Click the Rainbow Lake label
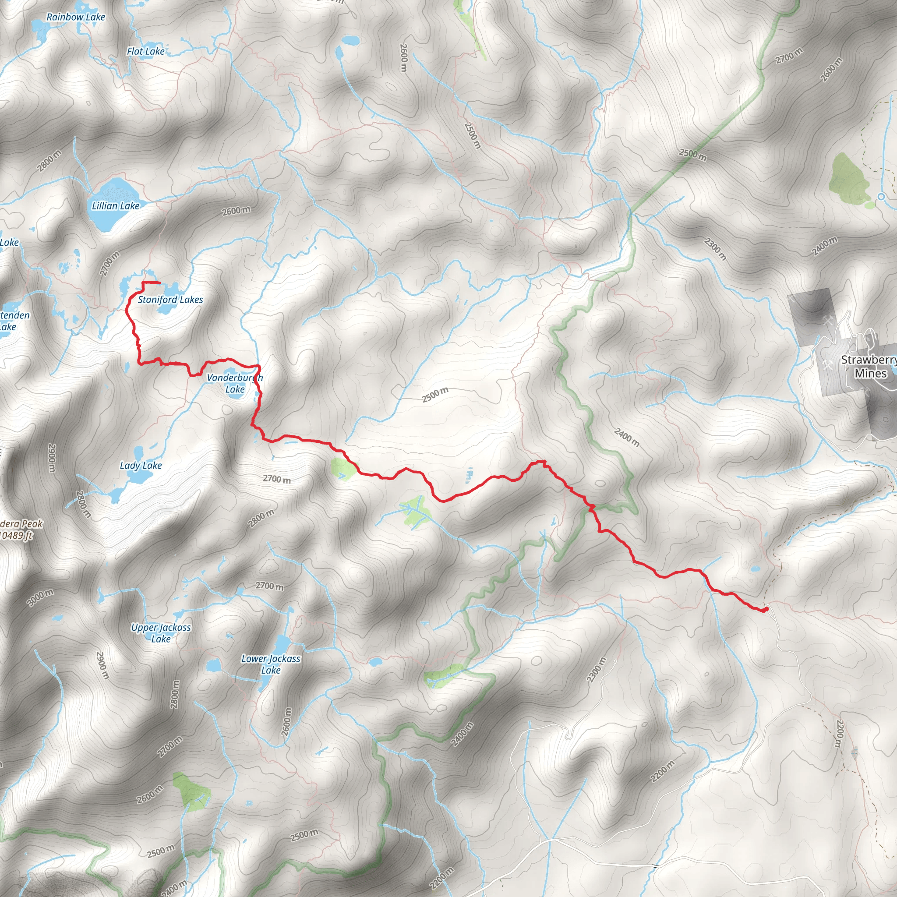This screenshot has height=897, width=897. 76,17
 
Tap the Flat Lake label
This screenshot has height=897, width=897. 146,52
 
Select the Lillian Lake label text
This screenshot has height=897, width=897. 116,206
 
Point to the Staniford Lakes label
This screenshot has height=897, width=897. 170,300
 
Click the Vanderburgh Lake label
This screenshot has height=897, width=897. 235,384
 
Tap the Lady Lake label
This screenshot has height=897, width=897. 141,466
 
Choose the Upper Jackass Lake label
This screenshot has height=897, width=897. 161,633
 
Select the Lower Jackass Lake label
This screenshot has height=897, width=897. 271,664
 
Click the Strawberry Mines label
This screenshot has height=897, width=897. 869,366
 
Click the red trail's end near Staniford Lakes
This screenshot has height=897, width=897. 159,283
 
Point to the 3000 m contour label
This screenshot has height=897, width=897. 40,597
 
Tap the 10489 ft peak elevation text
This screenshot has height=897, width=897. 17,536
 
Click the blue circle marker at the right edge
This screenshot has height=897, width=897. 881,197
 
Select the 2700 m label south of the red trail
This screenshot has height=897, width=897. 277,479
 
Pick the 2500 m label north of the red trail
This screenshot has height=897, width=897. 435,395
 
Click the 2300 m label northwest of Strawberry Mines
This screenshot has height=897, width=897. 715,248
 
